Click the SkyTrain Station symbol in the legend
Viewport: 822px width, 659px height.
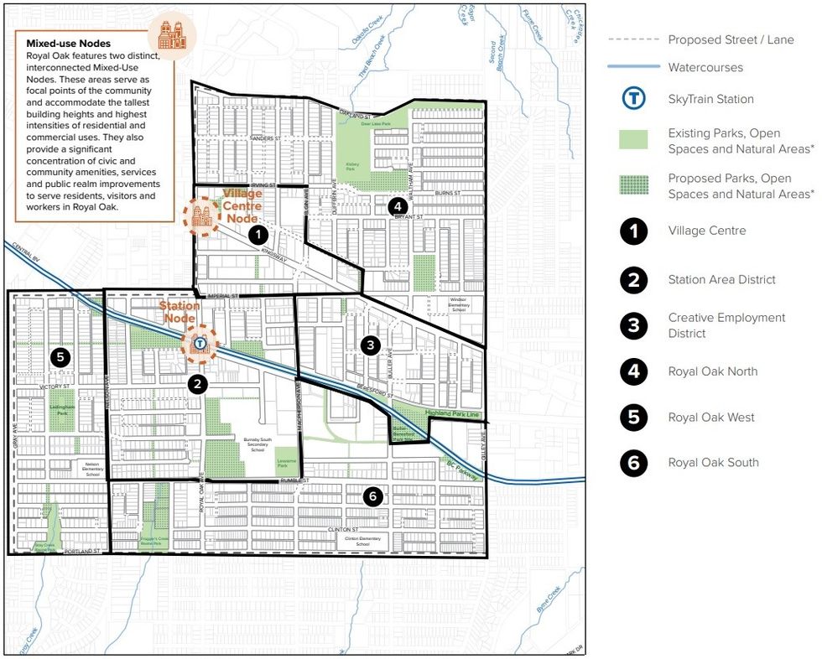pyautogui.click(x=634, y=99)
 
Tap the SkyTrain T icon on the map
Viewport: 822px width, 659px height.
pyautogui.click(x=200, y=342)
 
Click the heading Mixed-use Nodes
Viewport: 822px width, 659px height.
pyautogui.click(x=69, y=43)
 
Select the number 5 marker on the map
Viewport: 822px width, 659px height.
pyautogui.click(x=60, y=356)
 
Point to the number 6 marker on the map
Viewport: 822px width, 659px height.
pyautogui.click(x=374, y=496)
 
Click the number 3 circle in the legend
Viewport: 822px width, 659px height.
pyautogui.click(x=634, y=325)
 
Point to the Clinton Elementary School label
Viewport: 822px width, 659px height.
pyautogui.click(x=362, y=541)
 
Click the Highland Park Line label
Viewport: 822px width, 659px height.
pyautogui.click(x=450, y=413)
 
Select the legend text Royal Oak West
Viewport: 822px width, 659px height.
pyautogui.click(x=711, y=418)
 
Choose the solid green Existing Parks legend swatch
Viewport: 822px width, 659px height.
pyautogui.click(x=634, y=139)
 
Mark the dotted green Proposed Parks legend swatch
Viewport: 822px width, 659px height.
pyautogui.click(x=634, y=185)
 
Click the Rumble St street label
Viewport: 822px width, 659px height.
pyautogui.click(x=295, y=480)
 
